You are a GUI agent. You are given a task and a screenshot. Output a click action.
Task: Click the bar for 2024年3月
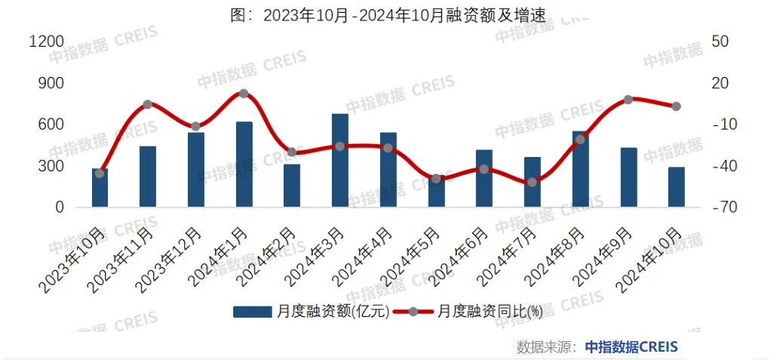click(340, 161)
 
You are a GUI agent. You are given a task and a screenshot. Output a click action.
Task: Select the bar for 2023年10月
click(100, 188)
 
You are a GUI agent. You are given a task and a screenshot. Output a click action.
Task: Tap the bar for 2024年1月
click(244, 165)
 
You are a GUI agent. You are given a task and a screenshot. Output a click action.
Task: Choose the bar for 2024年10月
click(676, 187)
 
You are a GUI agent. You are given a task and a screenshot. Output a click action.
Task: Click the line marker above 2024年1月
click(244, 94)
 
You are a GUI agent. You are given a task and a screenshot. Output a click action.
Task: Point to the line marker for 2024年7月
click(532, 182)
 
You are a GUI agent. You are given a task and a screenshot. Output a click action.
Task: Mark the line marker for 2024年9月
click(628, 99)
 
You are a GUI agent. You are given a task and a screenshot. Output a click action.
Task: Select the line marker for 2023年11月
click(148, 104)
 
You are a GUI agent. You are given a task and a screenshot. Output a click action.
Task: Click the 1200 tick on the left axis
click(45, 42)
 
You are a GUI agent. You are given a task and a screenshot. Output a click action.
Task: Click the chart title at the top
click(388, 15)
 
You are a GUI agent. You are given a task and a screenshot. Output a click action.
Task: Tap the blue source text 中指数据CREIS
click(631, 346)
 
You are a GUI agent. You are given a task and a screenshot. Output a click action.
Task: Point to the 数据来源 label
click(547, 346)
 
